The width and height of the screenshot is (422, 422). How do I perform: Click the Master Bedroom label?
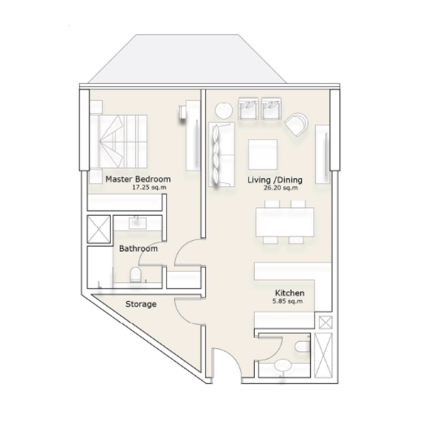coord(138,179)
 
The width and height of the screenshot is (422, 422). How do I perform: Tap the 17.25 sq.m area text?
coord(151,187)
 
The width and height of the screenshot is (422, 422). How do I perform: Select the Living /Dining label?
coord(272,180)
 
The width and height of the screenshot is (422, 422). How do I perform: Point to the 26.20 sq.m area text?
coord(280,188)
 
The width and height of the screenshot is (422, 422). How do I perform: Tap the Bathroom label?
coord(138,248)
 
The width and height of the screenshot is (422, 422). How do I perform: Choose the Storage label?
coord(141,304)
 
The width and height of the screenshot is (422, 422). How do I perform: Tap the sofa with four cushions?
coord(221,154)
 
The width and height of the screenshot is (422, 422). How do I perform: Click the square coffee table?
coord(263,153)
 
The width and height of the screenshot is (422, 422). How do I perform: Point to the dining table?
coord(284,222)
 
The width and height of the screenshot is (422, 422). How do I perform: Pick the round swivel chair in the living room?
coord(296,124)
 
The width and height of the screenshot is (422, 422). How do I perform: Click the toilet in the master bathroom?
coord(136,274)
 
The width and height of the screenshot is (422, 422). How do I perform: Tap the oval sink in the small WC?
coord(284,365)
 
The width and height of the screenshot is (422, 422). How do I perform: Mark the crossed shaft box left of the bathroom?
coord(98,228)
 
